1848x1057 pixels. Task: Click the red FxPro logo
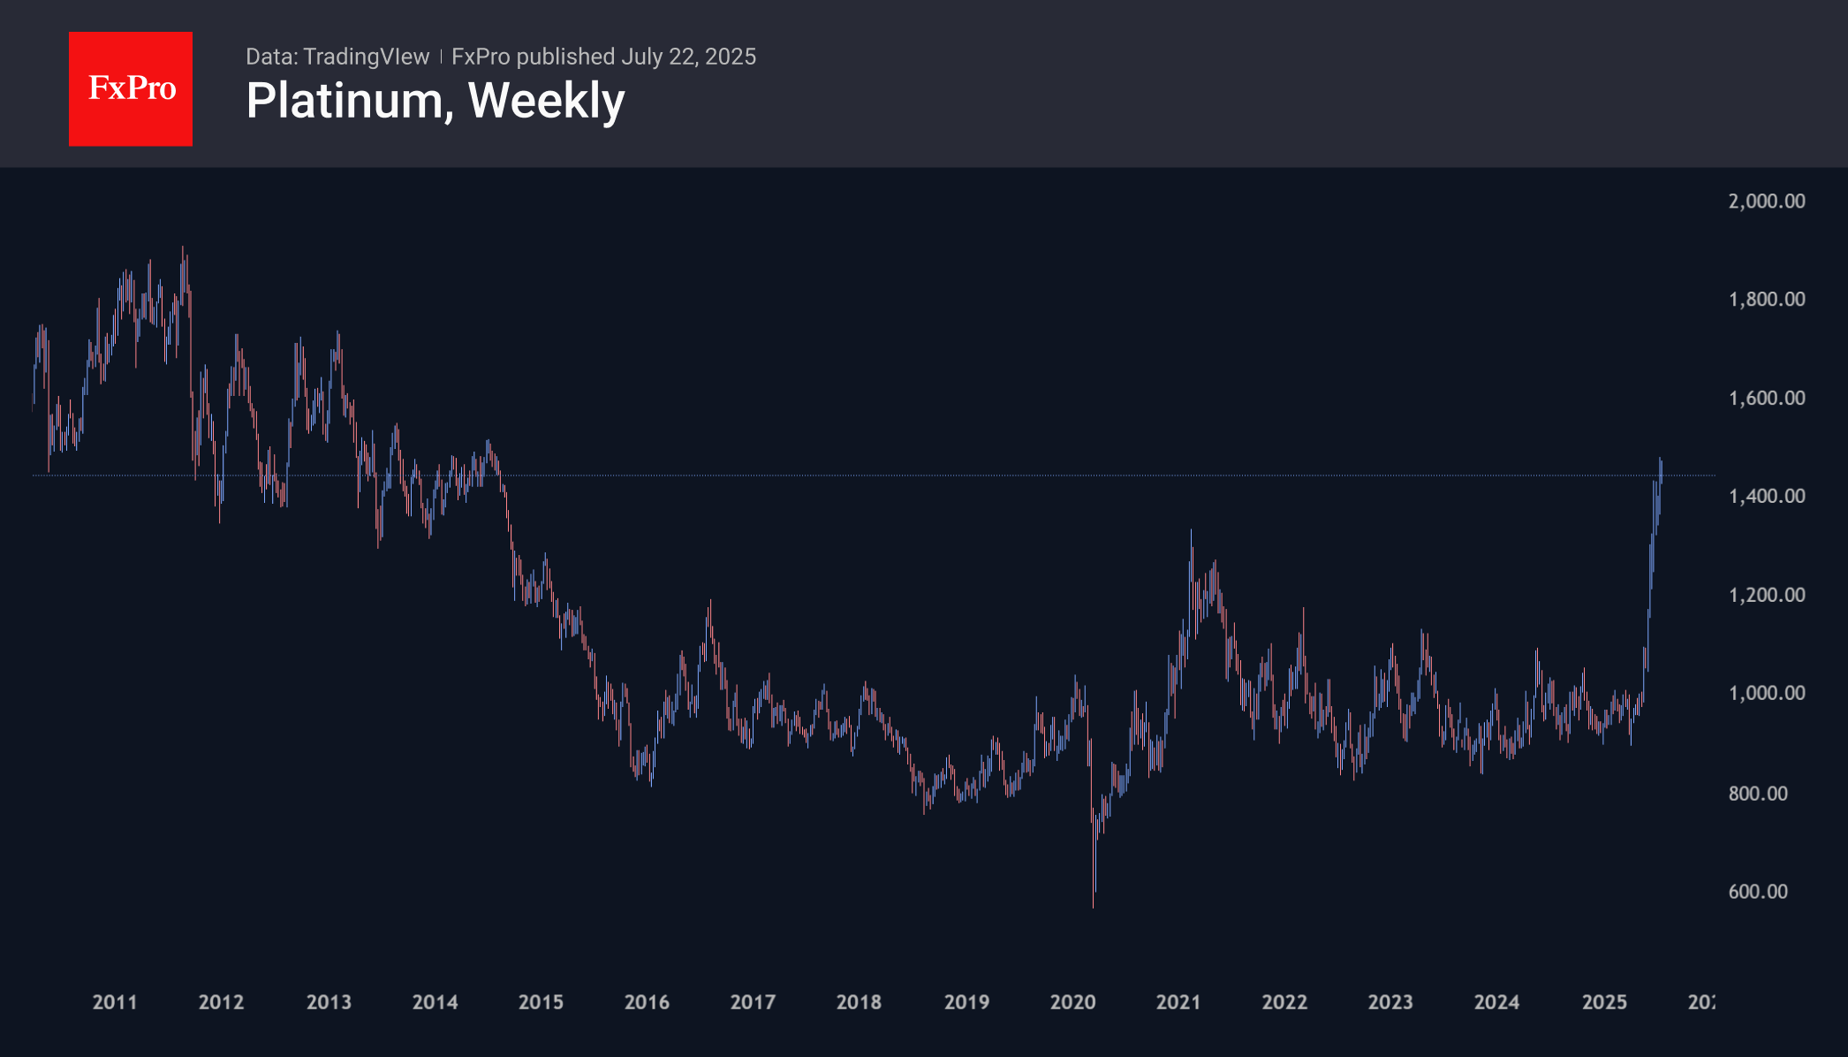pyautogui.click(x=131, y=88)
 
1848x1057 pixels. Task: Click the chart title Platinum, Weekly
pyautogui.click(x=435, y=101)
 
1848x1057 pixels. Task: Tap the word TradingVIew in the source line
pyautogui.click(x=366, y=57)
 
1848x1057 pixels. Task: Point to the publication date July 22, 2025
pyautogui.click(x=688, y=57)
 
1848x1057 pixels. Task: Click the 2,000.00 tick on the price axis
pyautogui.click(x=1766, y=202)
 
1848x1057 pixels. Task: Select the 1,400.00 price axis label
pyautogui.click(x=1766, y=496)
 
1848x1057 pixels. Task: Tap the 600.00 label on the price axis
pyautogui.click(x=1758, y=892)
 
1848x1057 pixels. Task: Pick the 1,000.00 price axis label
pyautogui.click(x=1766, y=693)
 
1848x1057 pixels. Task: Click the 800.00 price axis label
pyautogui.click(x=1758, y=794)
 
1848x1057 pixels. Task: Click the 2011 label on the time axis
pyautogui.click(x=115, y=1002)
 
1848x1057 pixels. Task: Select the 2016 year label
pyautogui.click(x=647, y=1002)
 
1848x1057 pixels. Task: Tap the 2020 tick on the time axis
pyautogui.click(x=1072, y=1002)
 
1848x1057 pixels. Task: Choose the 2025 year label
pyautogui.click(x=1604, y=1002)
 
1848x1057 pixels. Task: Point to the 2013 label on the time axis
pyautogui.click(x=329, y=1002)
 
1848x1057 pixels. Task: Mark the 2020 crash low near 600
pyautogui.click(x=1094, y=905)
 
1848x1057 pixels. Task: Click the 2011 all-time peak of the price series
pyautogui.click(x=183, y=248)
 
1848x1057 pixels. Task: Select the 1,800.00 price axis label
pyautogui.click(x=1766, y=300)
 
